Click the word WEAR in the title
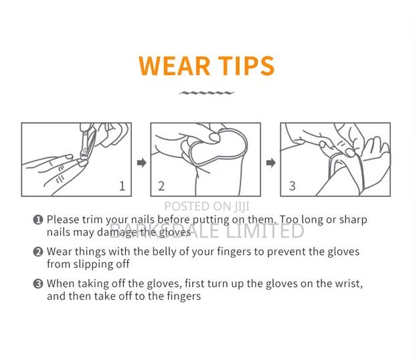(174, 66)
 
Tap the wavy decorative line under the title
(207, 93)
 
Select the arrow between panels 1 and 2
(142, 163)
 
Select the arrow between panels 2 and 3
(271, 163)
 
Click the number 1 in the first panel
(122, 186)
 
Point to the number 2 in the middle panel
(161, 186)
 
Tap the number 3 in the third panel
(293, 186)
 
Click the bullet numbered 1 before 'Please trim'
(38, 219)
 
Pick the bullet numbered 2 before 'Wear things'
(38, 252)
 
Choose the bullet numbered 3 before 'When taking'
(38, 284)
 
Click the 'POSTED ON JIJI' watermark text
(207, 206)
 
